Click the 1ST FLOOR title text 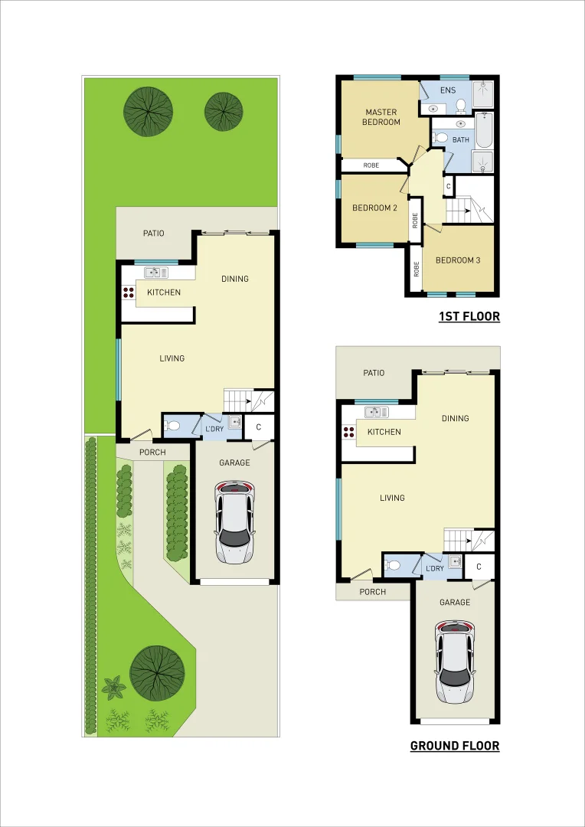coord(469,316)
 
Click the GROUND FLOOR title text coord(455,746)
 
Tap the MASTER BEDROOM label coord(381,117)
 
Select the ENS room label coord(448,91)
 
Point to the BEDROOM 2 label coord(374,208)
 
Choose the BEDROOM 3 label coord(458,260)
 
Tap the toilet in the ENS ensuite coord(461,105)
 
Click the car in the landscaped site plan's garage coord(234,522)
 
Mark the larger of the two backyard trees coord(148,112)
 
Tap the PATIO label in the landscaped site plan coord(153,234)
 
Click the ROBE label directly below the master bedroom coord(371,165)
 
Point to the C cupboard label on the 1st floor coord(448,186)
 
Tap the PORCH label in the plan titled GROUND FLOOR coord(373,592)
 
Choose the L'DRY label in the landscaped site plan coord(214,429)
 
